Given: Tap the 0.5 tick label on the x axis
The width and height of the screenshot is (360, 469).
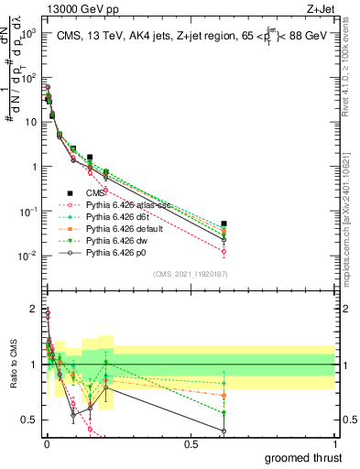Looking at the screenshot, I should tap(190, 444).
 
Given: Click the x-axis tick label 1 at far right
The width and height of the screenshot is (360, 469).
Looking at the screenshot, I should tap(334, 444).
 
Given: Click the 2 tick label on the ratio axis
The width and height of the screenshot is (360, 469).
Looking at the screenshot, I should tap(34, 309).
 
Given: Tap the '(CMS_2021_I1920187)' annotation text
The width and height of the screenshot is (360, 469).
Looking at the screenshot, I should tap(190, 274).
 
